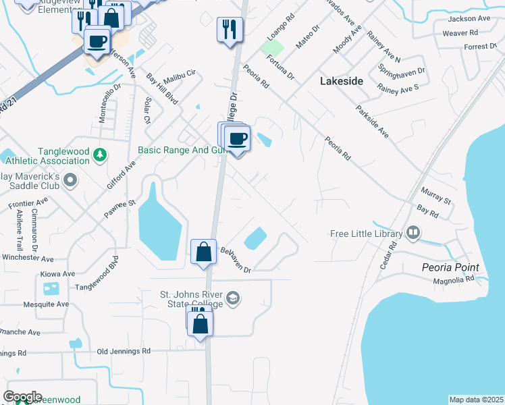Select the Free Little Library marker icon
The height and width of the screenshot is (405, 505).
pos(413,234)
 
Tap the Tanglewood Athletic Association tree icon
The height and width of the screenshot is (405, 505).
pos(100,156)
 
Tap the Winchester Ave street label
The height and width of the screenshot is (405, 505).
pos(27,259)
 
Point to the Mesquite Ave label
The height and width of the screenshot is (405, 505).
pos(47,304)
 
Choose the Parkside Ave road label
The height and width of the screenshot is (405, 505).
pos(372,121)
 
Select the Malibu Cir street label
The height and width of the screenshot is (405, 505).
pos(180,72)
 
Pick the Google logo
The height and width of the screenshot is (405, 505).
pos(22,397)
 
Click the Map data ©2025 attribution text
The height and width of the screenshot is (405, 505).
pos(476,400)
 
